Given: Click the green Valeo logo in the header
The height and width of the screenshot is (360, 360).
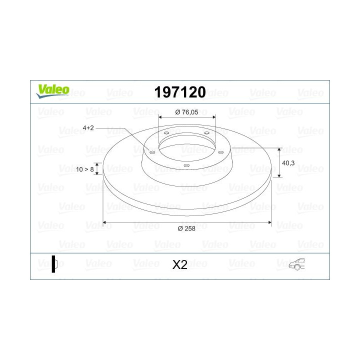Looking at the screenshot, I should click(52, 90).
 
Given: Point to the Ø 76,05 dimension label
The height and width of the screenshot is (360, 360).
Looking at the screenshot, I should click(186, 112).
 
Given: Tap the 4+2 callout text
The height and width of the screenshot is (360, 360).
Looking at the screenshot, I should click(88, 128).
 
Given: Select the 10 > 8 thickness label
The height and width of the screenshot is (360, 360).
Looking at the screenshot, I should click(85, 169).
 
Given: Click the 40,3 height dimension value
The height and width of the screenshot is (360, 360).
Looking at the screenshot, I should click(288, 163).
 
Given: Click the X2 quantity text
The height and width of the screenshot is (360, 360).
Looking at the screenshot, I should click(179, 265).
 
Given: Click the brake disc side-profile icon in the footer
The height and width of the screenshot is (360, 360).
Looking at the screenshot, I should click(54, 264).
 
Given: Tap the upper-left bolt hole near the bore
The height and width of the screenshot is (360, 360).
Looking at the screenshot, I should click(166, 133).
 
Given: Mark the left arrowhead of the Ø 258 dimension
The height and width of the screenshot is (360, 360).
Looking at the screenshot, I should click(104, 222).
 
